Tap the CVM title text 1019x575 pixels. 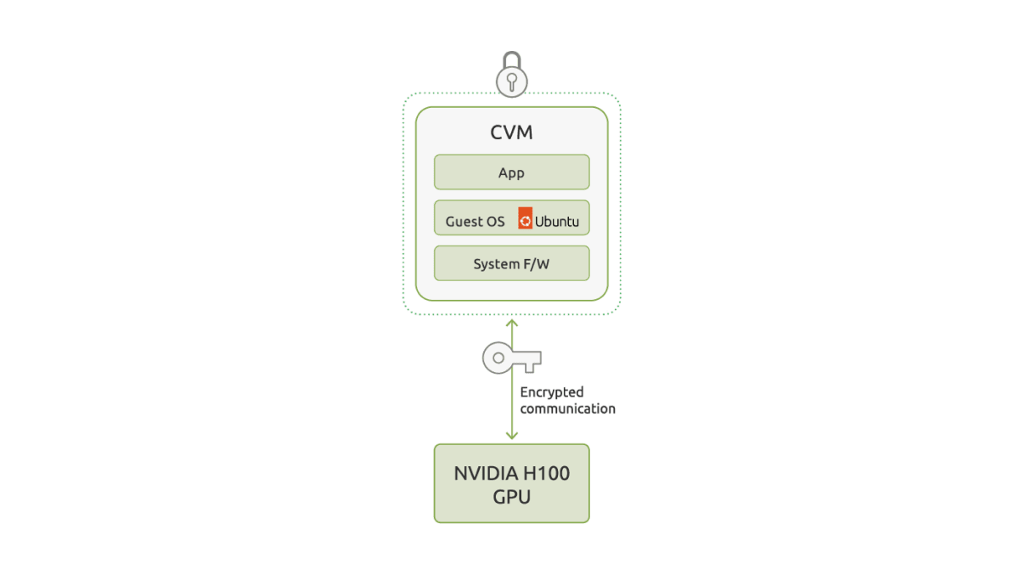pyautogui.click(x=511, y=132)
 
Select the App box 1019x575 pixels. pyautogui.click(x=511, y=172)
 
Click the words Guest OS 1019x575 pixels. pyautogui.click(x=475, y=222)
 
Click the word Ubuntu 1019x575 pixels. pyautogui.click(x=557, y=222)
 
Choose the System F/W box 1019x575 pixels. pyautogui.click(x=511, y=264)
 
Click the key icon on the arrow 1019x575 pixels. pyautogui.click(x=509, y=358)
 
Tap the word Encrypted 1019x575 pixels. pyautogui.click(x=552, y=392)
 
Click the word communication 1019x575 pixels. pyautogui.click(x=567, y=409)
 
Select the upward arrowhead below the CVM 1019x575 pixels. pyautogui.click(x=511, y=323)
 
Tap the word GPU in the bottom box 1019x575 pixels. pyautogui.click(x=511, y=497)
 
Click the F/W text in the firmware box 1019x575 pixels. pyautogui.click(x=536, y=264)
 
